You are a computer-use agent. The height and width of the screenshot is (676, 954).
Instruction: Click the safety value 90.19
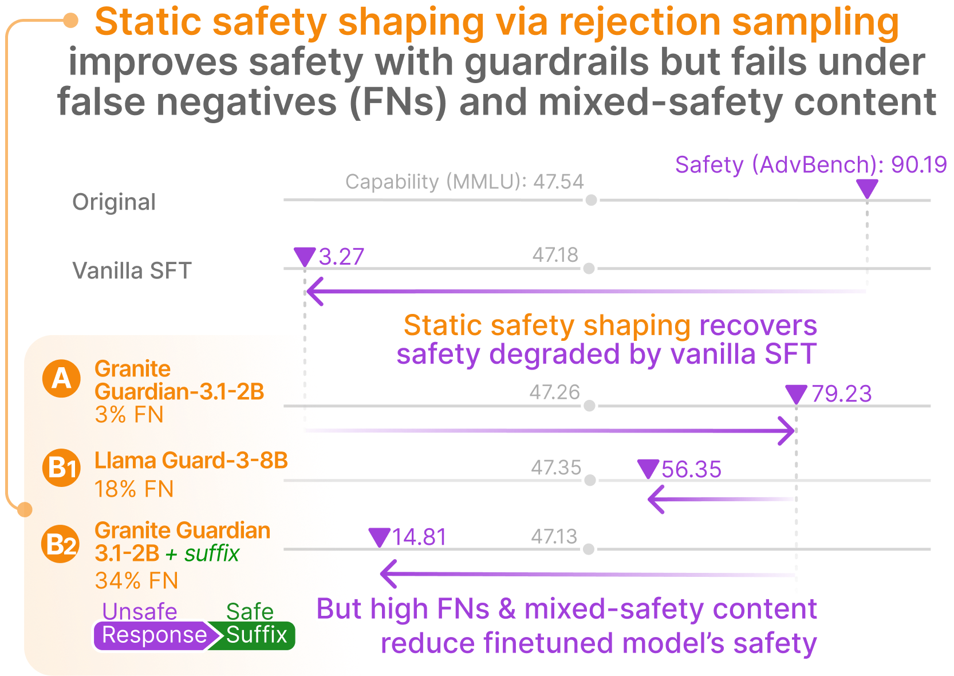coord(918,165)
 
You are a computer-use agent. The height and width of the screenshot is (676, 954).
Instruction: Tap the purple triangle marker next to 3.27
coord(304,256)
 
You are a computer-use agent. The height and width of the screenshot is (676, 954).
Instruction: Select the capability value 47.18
coord(554,255)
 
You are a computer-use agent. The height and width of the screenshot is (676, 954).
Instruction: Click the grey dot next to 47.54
coord(591,200)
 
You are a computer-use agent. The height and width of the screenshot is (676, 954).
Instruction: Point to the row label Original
coord(114,202)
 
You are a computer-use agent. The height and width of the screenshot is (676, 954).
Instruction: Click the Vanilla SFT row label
coord(132,271)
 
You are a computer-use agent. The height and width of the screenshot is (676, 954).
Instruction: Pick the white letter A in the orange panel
coord(61,379)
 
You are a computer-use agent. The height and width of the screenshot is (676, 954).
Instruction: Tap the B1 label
coord(62,468)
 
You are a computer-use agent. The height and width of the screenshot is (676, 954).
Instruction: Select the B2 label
coord(61,545)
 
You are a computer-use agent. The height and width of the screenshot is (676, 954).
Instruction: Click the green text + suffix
coord(202,554)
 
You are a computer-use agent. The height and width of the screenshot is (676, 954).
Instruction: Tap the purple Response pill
coord(154,635)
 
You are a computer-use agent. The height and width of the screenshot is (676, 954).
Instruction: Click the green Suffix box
coord(257,635)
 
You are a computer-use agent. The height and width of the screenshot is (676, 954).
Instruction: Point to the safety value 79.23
coord(841,394)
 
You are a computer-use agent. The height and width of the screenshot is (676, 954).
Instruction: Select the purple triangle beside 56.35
coord(647,469)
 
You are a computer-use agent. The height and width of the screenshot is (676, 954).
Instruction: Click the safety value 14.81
coord(419,537)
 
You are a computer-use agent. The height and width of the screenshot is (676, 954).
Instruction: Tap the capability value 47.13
coord(554,537)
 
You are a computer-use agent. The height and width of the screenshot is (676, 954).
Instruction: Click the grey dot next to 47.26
coord(589,406)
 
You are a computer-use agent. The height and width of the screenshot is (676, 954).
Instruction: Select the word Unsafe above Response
coord(139,611)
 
